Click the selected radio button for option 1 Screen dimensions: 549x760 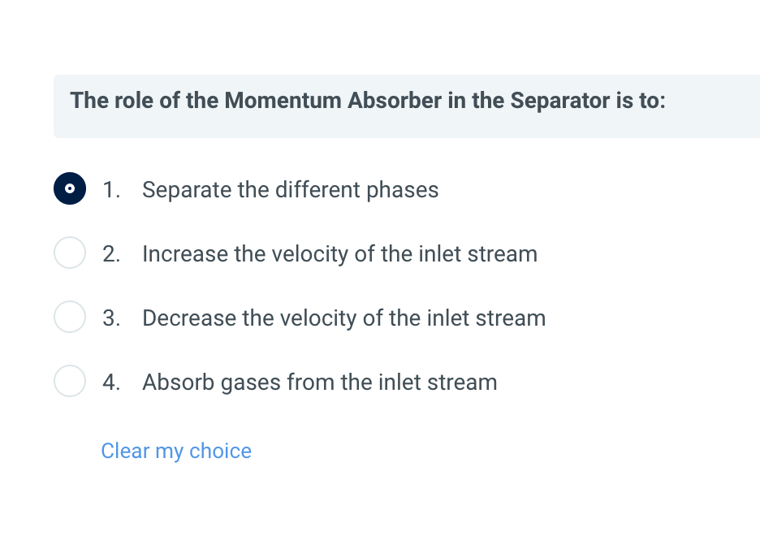(x=70, y=188)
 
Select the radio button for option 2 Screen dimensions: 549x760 (x=70, y=253)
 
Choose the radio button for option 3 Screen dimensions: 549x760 (x=70, y=317)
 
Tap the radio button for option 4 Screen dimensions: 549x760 (x=70, y=380)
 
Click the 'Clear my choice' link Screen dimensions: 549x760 (x=176, y=451)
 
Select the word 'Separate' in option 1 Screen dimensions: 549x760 (x=187, y=190)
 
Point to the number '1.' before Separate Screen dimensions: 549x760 (x=111, y=190)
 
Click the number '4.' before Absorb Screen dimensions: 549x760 (x=111, y=382)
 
